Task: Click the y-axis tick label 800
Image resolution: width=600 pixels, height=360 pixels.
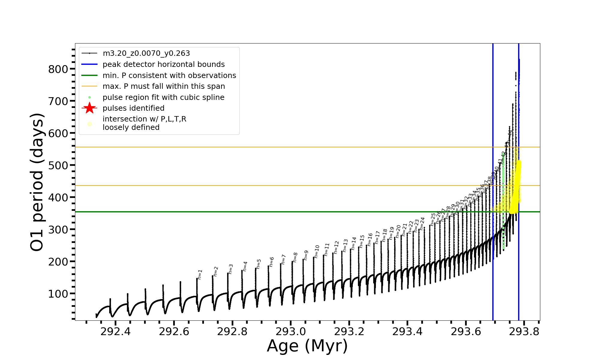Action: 58,69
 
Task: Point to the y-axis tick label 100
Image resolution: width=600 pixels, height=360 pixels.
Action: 58,294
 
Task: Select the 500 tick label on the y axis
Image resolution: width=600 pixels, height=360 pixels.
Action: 58,165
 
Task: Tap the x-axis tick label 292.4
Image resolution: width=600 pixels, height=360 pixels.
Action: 115,331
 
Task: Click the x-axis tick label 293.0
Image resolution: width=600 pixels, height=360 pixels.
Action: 291,331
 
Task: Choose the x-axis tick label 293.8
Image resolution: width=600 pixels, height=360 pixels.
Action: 524,331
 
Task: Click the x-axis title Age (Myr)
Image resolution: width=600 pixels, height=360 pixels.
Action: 307,346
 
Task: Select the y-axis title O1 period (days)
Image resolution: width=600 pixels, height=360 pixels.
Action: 37,182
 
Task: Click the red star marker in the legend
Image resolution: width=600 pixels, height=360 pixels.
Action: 89,108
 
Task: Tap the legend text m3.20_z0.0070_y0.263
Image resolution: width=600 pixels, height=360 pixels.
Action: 146,53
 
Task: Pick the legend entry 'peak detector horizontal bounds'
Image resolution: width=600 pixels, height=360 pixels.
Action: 163,64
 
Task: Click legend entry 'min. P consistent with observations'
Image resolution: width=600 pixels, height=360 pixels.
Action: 169,75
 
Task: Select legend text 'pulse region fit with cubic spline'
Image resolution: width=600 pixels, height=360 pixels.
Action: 163,97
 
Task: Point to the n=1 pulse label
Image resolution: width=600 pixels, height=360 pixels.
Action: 200,274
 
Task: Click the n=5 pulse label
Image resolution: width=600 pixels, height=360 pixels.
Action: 259,264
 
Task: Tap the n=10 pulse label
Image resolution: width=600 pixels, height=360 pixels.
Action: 317,251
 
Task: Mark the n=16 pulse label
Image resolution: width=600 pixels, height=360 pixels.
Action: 370,239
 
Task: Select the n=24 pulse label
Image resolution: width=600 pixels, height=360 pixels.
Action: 422,223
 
